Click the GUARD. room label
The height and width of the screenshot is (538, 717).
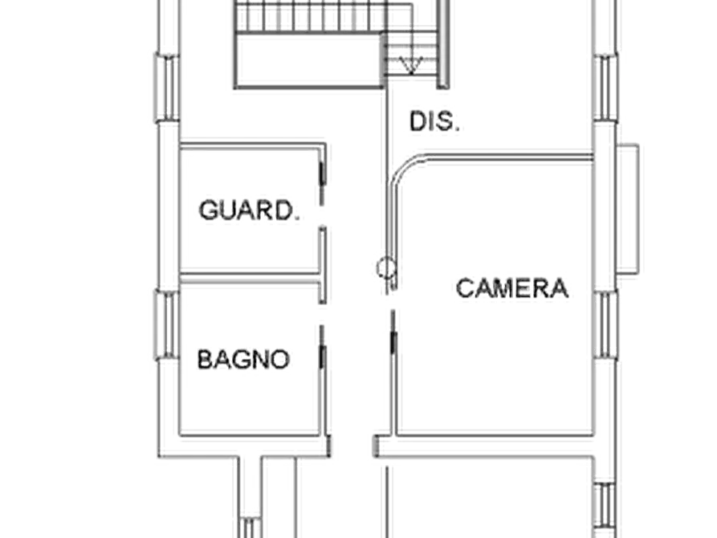(249, 210)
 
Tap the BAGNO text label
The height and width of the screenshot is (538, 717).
(244, 360)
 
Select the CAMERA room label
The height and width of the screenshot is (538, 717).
(512, 288)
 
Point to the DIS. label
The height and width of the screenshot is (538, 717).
(434, 122)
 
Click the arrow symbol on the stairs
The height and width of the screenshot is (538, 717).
(411, 65)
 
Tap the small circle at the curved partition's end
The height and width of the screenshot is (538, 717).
(386, 268)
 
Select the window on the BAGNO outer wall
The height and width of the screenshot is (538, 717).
(167, 324)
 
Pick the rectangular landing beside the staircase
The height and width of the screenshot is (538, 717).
(309, 60)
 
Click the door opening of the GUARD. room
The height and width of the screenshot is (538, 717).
(322, 216)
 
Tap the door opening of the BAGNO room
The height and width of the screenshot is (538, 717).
(322, 315)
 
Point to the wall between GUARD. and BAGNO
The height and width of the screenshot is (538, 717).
(250, 278)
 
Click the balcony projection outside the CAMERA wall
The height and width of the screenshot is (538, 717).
(628, 209)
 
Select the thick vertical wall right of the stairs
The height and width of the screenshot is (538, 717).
(443, 44)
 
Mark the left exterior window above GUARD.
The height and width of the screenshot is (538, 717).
(167, 88)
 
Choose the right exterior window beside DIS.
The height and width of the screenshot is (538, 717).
(605, 88)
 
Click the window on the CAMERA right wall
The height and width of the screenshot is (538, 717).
(605, 325)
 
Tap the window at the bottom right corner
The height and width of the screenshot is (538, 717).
(605, 510)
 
